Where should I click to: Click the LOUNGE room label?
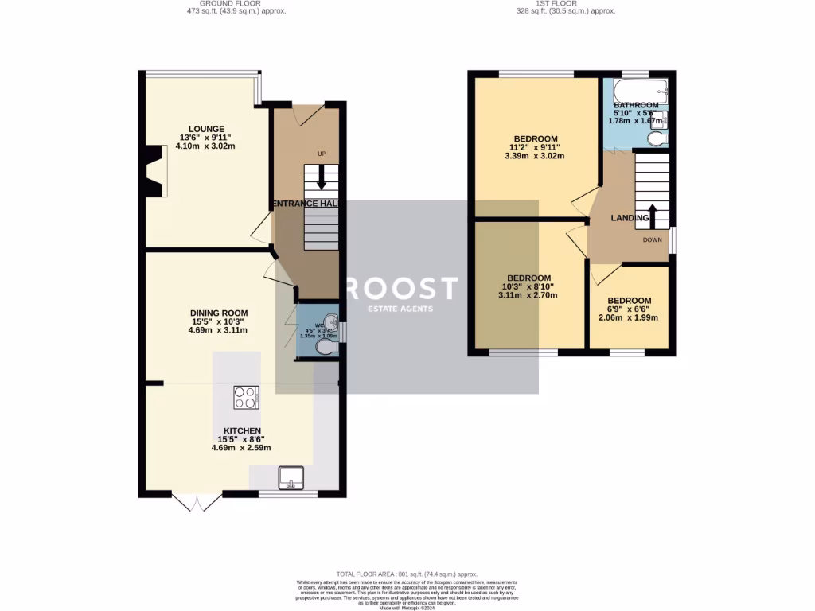point(206,129)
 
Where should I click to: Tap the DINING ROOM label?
point(218,313)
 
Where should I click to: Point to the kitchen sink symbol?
point(291,477)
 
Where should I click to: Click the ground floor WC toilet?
point(326,348)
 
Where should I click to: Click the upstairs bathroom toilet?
point(657,139)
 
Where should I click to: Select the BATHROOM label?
point(635,105)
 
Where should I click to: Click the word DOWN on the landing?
point(653,239)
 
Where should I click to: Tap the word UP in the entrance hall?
point(322,154)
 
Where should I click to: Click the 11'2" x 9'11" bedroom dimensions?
point(535,147)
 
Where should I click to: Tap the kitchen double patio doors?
point(197,502)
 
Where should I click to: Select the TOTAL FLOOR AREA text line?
point(406,574)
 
